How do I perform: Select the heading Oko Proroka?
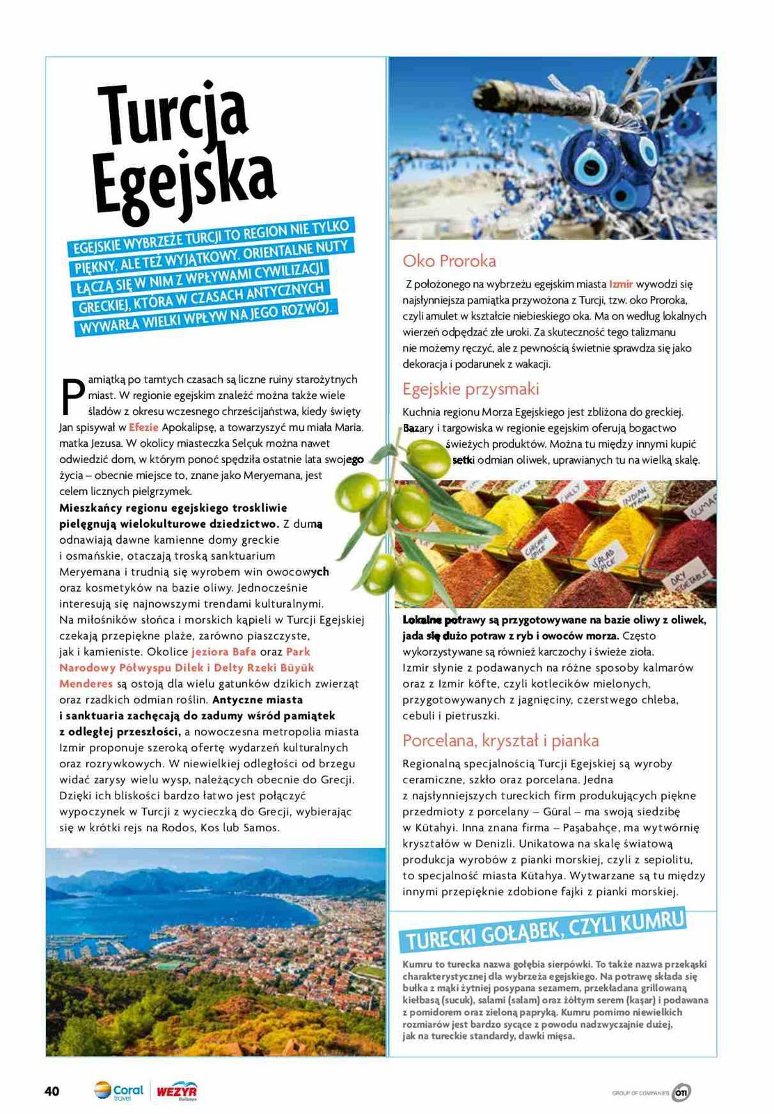[x=449, y=261]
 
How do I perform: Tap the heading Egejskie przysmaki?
[x=471, y=389]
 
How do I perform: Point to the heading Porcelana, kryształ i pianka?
[x=500, y=740]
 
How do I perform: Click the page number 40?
[x=52, y=1091]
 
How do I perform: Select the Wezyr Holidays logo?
[x=176, y=1091]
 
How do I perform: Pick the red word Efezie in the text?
[x=143, y=427]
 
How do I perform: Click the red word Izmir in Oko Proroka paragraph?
[x=621, y=284]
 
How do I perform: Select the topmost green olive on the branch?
[x=426, y=457]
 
